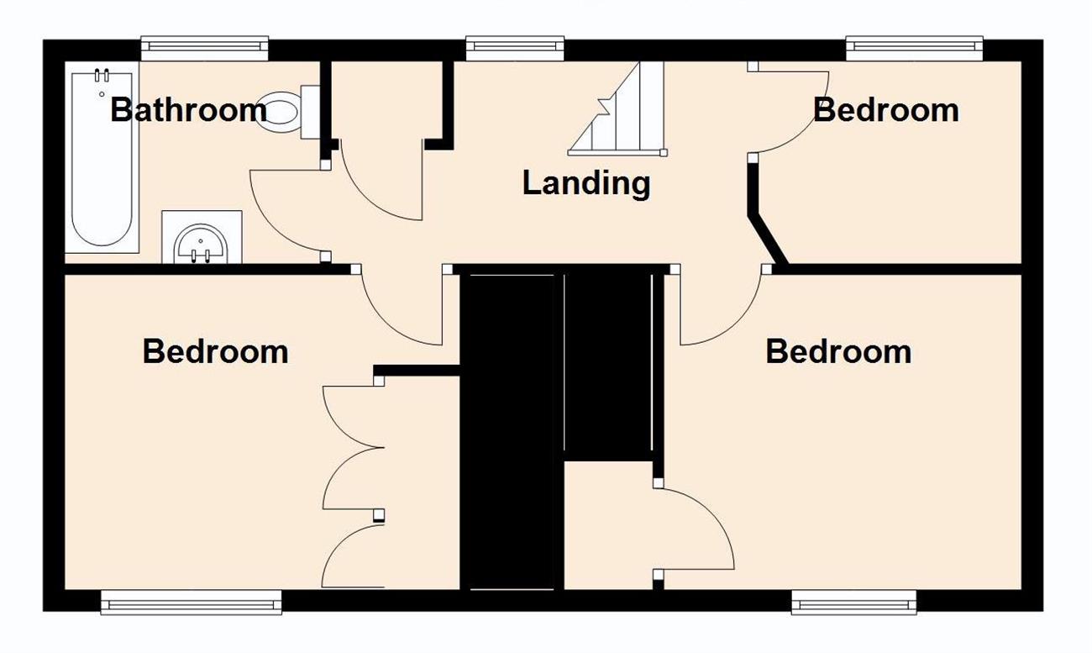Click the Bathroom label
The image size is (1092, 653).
tap(189, 110)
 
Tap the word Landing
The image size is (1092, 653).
tap(586, 183)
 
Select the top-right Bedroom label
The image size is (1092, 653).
tap(886, 110)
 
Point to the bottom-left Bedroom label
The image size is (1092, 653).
tap(216, 351)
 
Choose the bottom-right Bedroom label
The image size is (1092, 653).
tap(838, 351)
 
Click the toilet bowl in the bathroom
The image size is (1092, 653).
tap(277, 111)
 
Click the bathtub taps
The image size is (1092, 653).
tap(102, 76)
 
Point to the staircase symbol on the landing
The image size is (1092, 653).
tap(617, 109)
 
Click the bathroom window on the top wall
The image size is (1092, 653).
tap(205, 48)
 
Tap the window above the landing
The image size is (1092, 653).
tap(515, 48)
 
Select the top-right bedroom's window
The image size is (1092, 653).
tap(915, 48)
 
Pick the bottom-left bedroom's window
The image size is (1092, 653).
tap(192, 603)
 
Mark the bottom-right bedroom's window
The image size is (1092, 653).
tap(853, 603)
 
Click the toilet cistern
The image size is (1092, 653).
tap(310, 112)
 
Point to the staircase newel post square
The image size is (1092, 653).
tap(664, 153)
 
